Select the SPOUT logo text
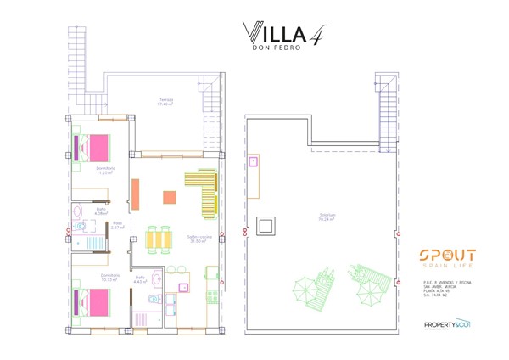(x=447, y=256)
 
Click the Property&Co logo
(x=447, y=323)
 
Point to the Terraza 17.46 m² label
(x=166, y=102)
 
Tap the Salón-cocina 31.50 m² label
(x=199, y=239)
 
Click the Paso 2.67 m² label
(x=118, y=225)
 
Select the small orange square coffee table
(x=169, y=197)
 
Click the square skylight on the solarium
(x=266, y=226)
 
